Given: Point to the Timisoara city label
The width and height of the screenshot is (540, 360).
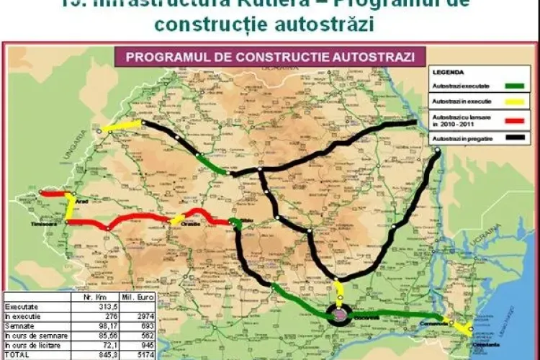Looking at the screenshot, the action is click(51, 225).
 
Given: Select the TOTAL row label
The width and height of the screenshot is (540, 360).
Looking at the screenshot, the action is click(17, 354).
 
